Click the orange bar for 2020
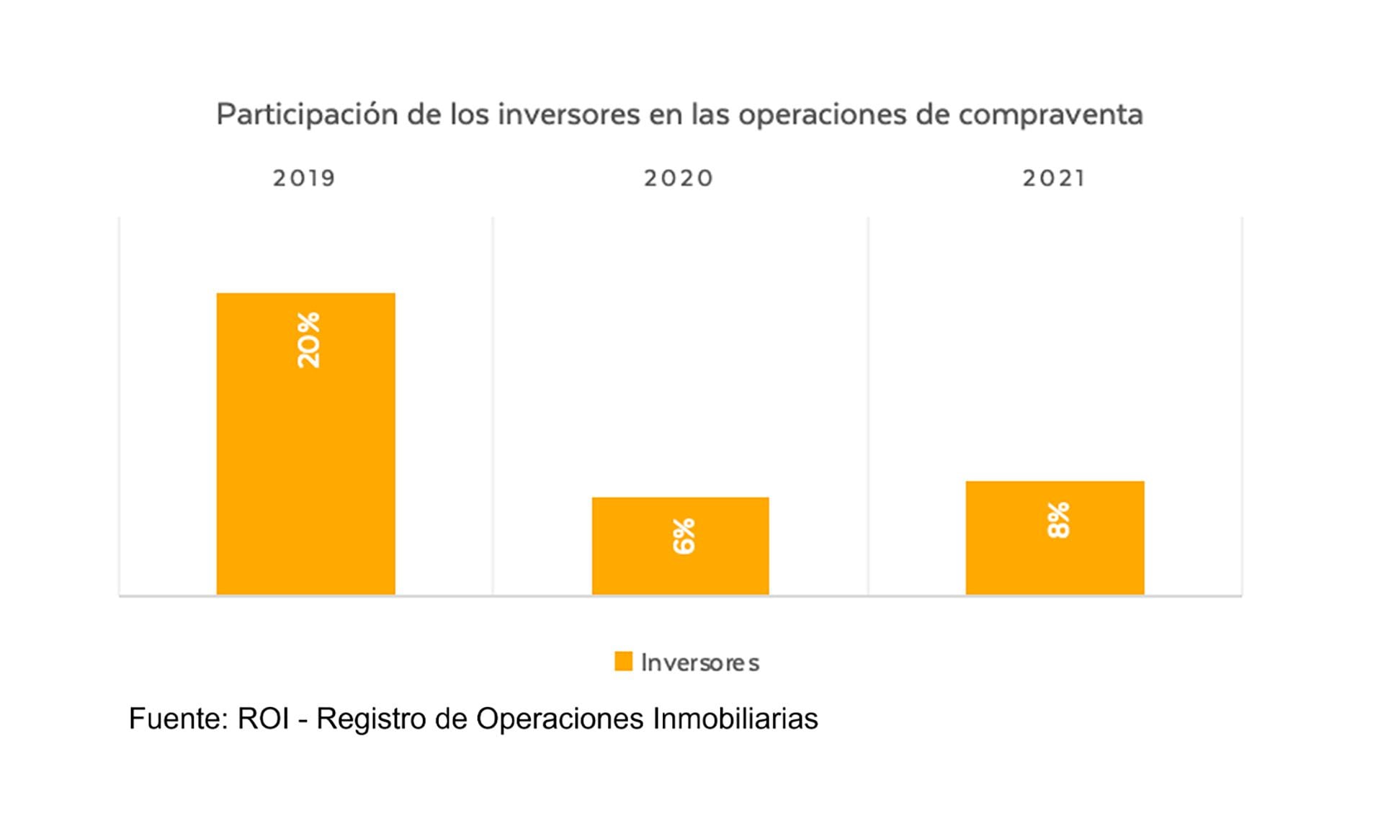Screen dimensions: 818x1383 tap(680, 569)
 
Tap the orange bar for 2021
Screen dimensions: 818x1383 tap(1055, 562)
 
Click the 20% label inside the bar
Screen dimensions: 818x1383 tap(308, 341)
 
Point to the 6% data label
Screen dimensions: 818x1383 tap(684, 536)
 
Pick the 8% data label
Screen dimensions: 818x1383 tap(1058, 520)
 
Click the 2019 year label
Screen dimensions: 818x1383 tap(304, 178)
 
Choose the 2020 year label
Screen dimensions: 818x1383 tap(679, 178)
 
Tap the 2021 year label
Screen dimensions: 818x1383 tap(1054, 178)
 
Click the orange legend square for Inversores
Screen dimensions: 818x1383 tap(623, 661)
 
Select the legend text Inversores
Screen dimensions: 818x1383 tap(700, 662)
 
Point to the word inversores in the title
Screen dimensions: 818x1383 tap(568, 114)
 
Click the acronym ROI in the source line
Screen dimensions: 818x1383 tap(263, 719)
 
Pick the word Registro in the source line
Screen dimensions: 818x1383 tap(371, 719)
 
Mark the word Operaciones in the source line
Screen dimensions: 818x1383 tap(560, 719)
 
